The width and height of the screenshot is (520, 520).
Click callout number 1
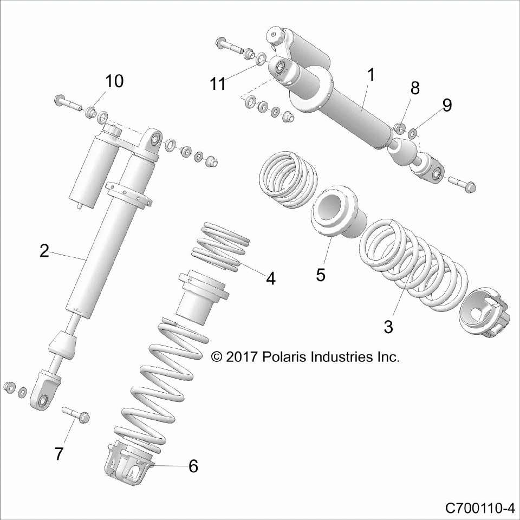coord(371,75)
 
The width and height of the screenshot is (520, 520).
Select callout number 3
coord(388,327)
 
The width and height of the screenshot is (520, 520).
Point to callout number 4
coord(271,278)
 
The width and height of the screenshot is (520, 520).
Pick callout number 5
coord(321,275)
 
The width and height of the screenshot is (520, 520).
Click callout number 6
coord(193,466)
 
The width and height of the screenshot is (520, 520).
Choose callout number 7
coord(58,454)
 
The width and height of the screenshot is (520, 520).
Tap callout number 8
coord(415,88)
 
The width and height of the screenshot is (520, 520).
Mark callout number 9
coord(447,106)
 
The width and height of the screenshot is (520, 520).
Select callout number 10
coord(114,81)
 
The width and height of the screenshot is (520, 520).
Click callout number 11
coord(218,83)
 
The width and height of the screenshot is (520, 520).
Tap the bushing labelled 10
coord(90,112)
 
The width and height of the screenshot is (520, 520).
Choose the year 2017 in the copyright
coord(242,357)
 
